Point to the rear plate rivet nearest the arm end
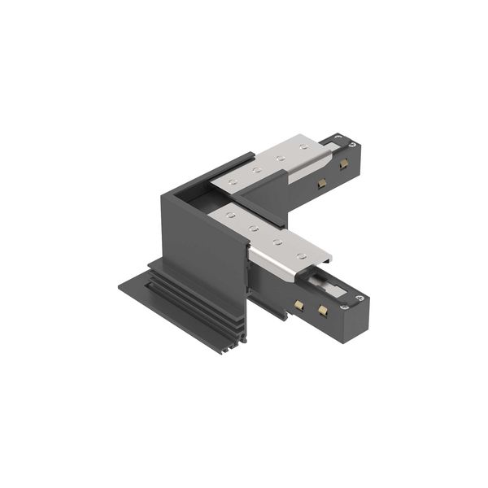[303, 147]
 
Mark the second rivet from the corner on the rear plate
[255, 170]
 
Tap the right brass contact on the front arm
[324, 311]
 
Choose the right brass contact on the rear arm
[345, 168]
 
